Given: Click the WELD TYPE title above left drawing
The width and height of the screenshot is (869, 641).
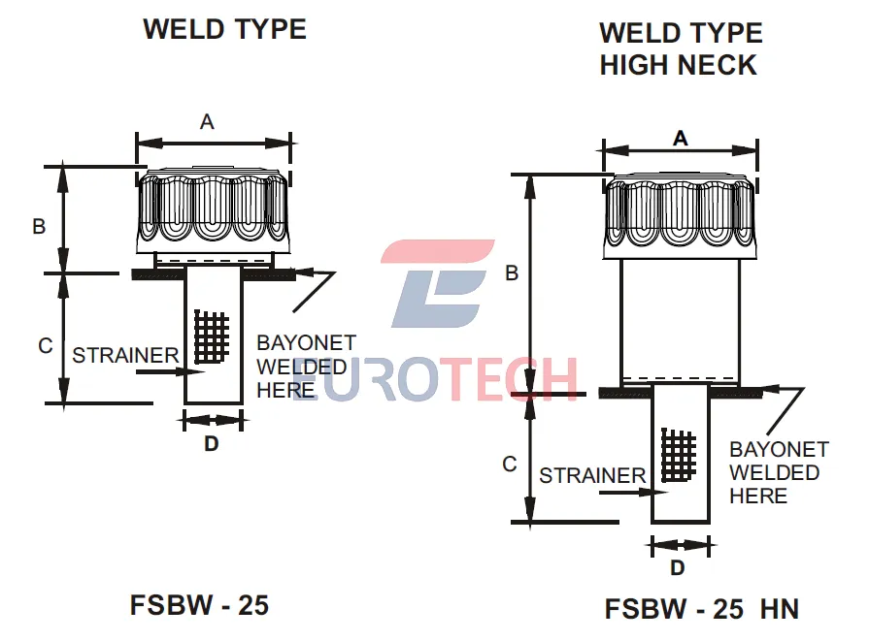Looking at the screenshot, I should [x=224, y=29].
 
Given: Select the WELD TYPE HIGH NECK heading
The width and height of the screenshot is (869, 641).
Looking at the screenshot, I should [x=680, y=48].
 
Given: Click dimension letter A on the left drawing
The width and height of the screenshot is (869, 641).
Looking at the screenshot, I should [x=207, y=121].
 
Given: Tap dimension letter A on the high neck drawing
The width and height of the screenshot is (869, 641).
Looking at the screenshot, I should [x=680, y=139].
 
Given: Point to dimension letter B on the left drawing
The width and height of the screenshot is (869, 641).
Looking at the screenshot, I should [x=40, y=226].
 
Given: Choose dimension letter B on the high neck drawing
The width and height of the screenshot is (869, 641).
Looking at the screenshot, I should [x=512, y=273].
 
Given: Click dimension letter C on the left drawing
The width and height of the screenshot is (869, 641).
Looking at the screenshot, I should [x=45, y=345].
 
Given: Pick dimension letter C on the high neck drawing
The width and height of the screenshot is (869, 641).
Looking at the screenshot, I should [x=510, y=465].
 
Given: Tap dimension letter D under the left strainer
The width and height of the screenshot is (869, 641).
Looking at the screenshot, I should [x=211, y=444].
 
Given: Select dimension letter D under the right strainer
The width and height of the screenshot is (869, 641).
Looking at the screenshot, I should [x=678, y=567].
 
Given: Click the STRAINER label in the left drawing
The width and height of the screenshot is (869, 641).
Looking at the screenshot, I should [x=125, y=355].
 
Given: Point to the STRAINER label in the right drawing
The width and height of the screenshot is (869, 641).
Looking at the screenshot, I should [x=592, y=475].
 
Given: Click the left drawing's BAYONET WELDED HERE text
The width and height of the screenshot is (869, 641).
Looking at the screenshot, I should [x=305, y=367].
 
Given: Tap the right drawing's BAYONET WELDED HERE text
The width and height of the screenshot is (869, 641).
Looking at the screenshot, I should [x=778, y=472].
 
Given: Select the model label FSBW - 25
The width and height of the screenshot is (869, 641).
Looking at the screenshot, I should [x=199, y=605].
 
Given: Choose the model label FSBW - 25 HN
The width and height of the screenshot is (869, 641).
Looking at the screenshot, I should [x=701, y=609].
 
